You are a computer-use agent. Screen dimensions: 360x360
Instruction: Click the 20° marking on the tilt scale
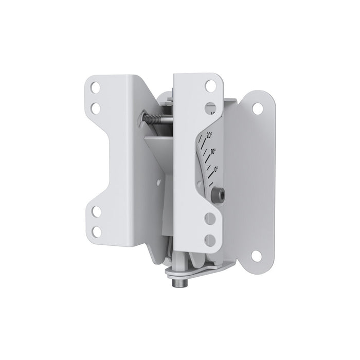coord(209,135)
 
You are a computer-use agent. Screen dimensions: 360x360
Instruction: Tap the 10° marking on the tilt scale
coord(212,152)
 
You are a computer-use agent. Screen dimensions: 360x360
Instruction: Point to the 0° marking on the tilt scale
coord(216,168)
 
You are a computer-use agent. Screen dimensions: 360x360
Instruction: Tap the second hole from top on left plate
coord(96,108)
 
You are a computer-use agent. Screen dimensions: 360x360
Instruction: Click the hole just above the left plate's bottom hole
coord(96,211)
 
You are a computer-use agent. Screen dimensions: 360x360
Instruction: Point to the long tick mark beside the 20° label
coord(204,143)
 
